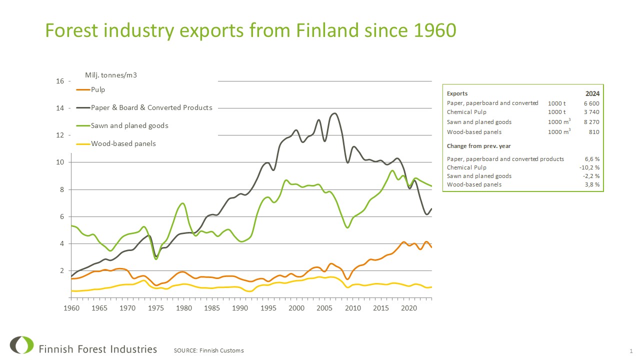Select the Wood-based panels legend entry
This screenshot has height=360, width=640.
123,143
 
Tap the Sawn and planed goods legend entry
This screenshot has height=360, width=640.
129,125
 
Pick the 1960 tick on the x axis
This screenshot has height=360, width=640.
71,306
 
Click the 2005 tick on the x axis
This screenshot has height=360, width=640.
325,306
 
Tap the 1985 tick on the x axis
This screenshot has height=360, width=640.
212,306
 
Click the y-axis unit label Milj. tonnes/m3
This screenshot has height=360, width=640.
111,75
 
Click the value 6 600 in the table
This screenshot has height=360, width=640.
591,103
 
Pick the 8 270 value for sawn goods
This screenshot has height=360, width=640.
591,122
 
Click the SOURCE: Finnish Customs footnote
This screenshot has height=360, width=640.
208,350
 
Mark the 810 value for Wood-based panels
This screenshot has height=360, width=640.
593,132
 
